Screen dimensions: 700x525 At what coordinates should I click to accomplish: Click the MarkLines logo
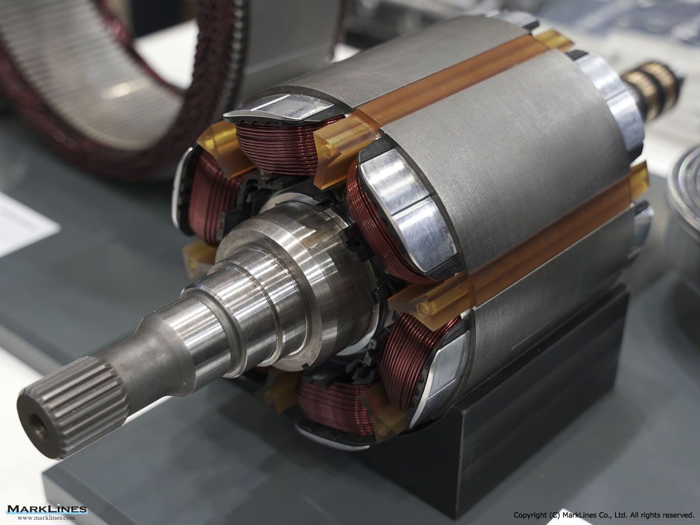point(47,509)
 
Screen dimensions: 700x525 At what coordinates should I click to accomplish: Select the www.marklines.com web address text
point(47,518)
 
